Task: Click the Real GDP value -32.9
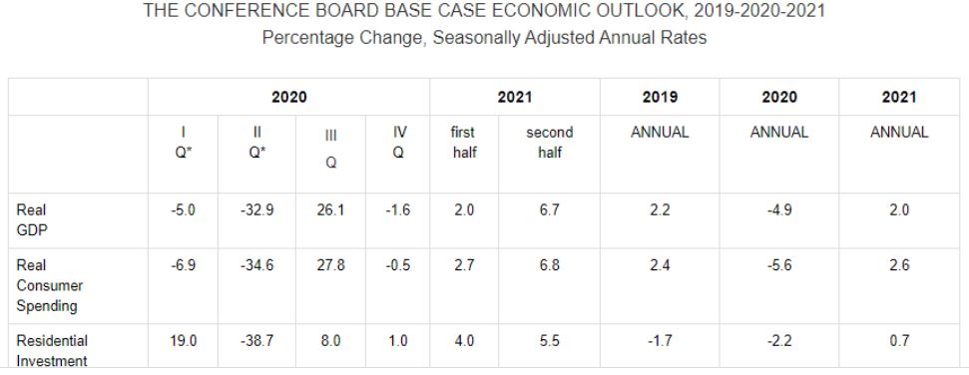click(x=256, y=210)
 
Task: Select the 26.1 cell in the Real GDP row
click(x=330, y=210)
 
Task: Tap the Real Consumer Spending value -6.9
click(x=183, y=265)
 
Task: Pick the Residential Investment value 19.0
click(x=184, y=341)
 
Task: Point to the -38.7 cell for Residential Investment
click(x=256, y=341)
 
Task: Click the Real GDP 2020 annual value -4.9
click(x=778, y=210)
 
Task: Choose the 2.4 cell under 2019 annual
click(x=660, y=265)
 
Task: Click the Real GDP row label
click(x=32, y=220)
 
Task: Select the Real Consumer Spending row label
click(x=50, y=286)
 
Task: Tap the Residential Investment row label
click(x=52, y=351)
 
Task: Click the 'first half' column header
click(x=464, y=143)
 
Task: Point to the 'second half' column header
click(x=550, y=143)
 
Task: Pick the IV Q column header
click(x=398, y=143)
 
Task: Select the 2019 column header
click(x=660, y=97)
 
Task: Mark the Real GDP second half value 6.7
click(x=550, y=210)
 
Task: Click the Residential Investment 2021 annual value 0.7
click(x=899, y=341)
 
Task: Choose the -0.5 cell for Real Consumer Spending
click(x=398, y=265)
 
